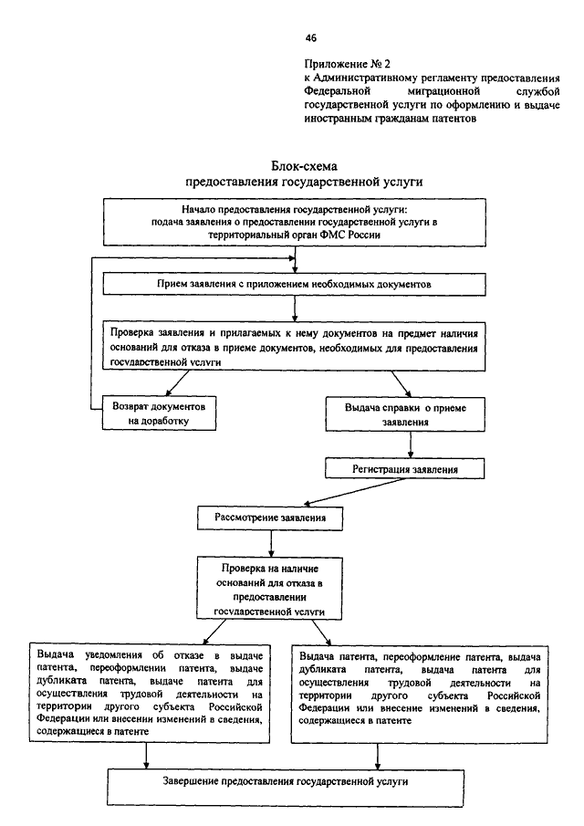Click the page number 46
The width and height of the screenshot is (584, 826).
310,38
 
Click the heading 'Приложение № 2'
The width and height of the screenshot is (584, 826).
348,64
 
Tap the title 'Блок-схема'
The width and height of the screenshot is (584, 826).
305,166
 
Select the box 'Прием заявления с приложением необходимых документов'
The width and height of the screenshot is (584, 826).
294,285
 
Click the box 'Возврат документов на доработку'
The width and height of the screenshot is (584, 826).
159,413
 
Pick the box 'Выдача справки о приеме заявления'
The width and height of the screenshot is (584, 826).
405,414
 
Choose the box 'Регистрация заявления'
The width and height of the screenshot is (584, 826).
404,469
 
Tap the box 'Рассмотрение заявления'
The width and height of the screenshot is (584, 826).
270,518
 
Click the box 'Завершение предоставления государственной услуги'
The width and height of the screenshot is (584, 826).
286,788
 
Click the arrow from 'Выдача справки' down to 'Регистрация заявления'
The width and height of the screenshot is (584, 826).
411,444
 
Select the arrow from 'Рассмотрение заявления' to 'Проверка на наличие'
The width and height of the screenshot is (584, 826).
271,543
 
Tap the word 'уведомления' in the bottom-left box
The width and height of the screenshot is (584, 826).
113,655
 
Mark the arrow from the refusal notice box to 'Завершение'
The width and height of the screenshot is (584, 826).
146,756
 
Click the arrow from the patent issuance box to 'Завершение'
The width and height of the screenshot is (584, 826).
378,756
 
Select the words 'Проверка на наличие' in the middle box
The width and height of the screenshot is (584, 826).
270,569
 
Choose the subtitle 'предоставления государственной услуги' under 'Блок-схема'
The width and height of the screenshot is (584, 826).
305,182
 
